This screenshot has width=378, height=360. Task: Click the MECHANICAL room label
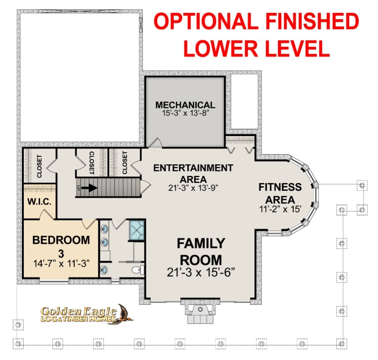tap(185, 105)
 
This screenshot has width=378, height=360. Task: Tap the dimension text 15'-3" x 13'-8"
tap(185, 113)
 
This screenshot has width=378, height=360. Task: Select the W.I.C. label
tap(39, 201)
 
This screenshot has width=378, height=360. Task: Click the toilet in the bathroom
tap(138, 270)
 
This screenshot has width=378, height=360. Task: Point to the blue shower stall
tap(137, 230)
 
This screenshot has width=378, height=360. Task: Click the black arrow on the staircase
tap(89, 188)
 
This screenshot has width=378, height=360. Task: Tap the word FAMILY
tap(201, 243)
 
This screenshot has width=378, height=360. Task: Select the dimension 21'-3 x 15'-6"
tap(201, 272)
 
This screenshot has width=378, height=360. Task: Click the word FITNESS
tap(280, 187)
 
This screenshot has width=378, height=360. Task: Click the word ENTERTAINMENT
tap(193, 168)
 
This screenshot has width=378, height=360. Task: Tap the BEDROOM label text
tap(61, 240)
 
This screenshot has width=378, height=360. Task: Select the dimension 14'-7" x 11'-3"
tap(61, 264)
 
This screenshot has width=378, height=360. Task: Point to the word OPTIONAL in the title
tap(206, 21)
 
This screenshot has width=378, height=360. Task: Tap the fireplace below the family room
tap(200, 312)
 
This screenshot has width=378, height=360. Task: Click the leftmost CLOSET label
tap(39, 166)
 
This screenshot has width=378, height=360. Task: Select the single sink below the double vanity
tap(104, 269)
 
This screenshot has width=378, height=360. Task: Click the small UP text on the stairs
tap(78, 188)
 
